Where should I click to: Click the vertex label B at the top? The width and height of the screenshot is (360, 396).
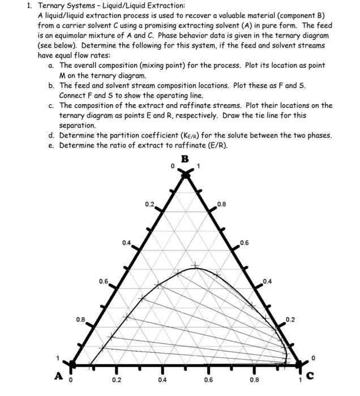[185, 158]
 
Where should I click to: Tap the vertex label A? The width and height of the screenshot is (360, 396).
[58, 376]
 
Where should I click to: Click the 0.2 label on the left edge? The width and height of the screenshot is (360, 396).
[149, 203]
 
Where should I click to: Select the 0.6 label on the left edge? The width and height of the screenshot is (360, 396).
[103, 281]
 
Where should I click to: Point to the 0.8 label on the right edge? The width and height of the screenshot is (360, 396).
[221, 203]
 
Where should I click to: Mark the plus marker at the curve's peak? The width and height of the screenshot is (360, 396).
[196, 265]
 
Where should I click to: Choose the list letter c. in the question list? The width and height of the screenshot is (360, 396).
[52, 105]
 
